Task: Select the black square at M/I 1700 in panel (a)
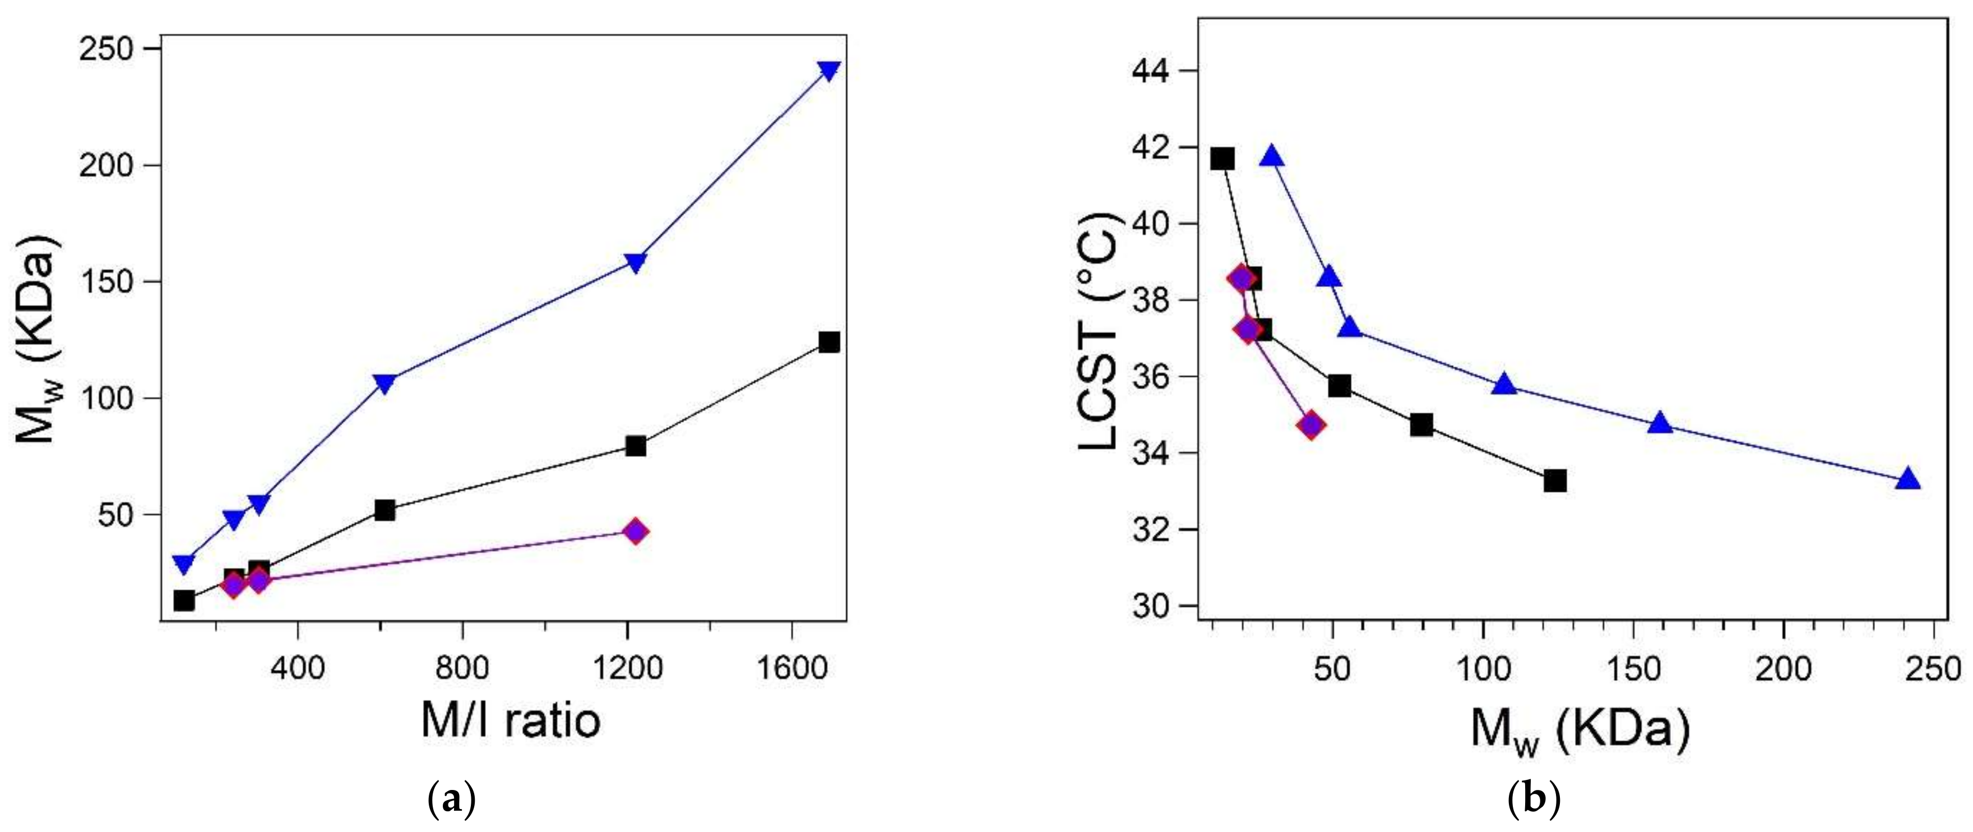pyautogui.click(x=829, y=341)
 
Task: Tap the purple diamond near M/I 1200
pyautogui.click(x=635, y=531)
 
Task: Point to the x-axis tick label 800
pyautogui.click(x=462, y=668)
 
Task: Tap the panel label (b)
pyautogui.click(x=1534, y=801)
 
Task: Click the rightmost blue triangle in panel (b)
pyautogui.click(x=1908, y=479)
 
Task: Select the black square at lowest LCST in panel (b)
pyautogui.click(x=1555, y=480)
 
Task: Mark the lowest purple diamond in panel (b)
pyautogui.click(x=1311, y=424)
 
